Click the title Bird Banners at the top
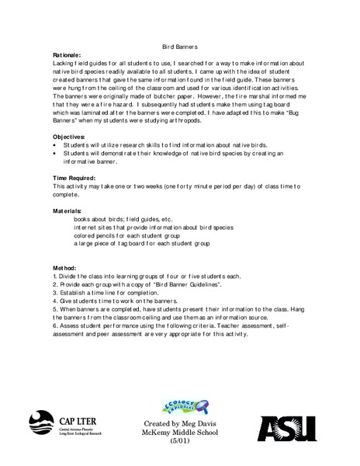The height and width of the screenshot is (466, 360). click(180, 48)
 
